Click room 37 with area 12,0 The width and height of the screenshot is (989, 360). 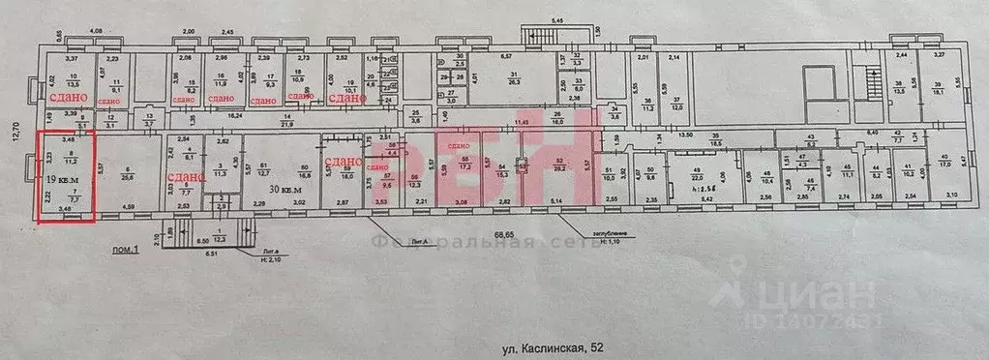click(x=678, y=103)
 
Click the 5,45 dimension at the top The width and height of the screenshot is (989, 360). click(x=557, y=19)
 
